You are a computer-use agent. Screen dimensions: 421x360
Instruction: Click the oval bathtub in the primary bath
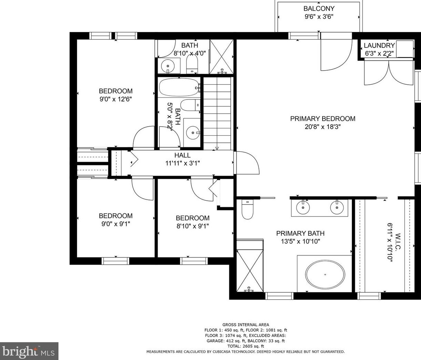(325, 274)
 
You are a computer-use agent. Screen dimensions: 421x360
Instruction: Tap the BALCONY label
(319, 9)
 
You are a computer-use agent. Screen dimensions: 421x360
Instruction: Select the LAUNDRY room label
(379, 45)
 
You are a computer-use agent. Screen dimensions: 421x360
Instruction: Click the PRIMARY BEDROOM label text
(323, 118)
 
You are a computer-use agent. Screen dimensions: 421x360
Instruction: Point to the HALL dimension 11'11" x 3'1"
(182, 163)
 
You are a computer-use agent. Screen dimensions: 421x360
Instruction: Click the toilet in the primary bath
(247, 209)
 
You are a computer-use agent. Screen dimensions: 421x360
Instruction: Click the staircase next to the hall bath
(217, 114)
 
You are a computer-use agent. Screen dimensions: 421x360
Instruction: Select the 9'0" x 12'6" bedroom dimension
(116, 99)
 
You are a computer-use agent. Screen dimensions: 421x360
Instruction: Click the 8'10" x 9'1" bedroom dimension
(193, 226)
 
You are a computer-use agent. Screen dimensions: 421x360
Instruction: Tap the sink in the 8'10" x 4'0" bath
(168, 66)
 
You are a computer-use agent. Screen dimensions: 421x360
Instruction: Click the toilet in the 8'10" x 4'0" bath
(192, 64)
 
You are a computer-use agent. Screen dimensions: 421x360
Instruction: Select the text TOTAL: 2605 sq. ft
(245, 346)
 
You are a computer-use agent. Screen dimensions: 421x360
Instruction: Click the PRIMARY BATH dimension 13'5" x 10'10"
(301, 242)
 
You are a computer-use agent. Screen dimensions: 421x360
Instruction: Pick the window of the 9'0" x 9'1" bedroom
(115, 261)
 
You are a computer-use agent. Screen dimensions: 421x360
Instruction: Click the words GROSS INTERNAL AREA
(246, 325)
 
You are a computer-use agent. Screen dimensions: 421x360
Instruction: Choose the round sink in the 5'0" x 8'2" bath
(193, 133)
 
